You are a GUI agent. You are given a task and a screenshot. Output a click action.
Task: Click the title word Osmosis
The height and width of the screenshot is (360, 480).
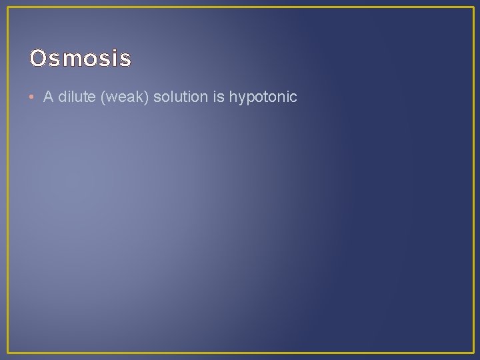coord(80,59)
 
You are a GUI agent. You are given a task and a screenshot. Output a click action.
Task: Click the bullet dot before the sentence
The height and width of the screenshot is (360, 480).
coord(33,97)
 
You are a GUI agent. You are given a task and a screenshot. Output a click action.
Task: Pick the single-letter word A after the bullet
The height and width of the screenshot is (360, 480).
coord(48,97)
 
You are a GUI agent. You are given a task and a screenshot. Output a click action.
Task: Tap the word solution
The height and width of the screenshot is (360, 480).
coord(181,97)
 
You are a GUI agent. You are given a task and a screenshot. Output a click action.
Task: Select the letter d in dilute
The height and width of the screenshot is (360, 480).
coord(62,97)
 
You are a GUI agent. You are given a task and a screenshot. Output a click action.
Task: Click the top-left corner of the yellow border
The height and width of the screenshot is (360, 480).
coord(8,8)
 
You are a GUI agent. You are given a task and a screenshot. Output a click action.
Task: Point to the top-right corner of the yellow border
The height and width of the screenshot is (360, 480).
coord(473,8)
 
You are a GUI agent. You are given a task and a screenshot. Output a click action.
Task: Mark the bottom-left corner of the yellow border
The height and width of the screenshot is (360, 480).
coord(8,352)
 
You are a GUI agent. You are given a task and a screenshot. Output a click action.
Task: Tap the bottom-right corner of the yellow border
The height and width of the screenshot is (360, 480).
coord(473,352)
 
